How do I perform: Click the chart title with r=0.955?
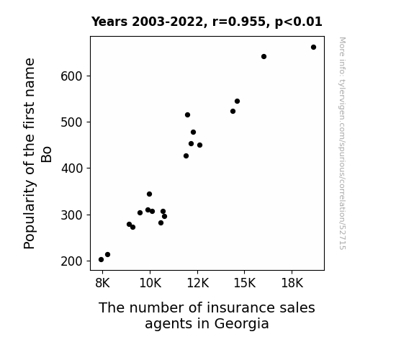[x=207, y=22]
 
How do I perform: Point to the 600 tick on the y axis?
[x=71, y=76]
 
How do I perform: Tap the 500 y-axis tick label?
[x=71, y=122]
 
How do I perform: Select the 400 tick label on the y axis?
[x=71, y=168]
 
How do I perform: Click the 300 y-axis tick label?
[x=71, y=215]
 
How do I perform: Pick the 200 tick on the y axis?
[x=71, y=261]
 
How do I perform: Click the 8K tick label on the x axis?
[x=102, y=283]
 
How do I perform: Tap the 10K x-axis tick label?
[x=150, y=283]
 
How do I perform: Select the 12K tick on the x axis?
[x=197, y=283]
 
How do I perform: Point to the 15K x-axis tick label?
[x=245, y=283]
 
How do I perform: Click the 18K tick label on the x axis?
[x=292, y=283]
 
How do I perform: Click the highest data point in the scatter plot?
[x=313, y=48]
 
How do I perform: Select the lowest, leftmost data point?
[x=101, y=260]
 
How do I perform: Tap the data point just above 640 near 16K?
[x=264, y=57]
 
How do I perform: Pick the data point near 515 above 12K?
[x=187, y=115]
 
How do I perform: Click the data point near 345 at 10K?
[x=149, y=194]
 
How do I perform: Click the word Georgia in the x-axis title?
[x=241, y=324]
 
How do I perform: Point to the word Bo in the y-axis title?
[x=46, y=155]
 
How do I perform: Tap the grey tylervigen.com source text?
[x=342, y=143]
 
